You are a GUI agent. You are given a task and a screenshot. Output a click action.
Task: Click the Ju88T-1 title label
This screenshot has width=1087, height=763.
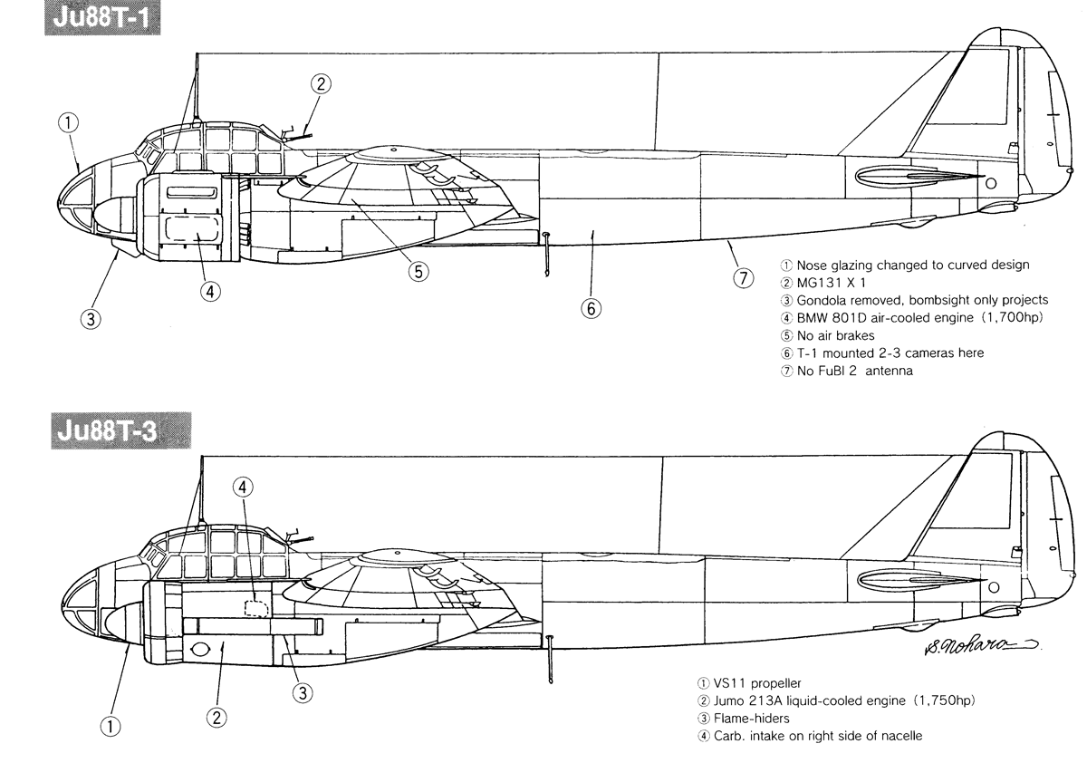pos(102,18)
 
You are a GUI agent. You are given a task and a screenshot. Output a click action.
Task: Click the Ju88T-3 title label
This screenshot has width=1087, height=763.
pos(120,430)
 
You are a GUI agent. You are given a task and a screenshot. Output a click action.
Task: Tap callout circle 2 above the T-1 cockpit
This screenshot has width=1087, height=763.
pos(321,84)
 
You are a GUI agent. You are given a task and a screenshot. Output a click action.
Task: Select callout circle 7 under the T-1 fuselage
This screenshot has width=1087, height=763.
pos(743,278)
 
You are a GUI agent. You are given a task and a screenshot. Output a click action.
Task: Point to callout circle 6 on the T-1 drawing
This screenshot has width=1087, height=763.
pos(591,309)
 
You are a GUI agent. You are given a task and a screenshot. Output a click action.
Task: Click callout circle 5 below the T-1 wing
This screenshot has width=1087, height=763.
pos(418,271)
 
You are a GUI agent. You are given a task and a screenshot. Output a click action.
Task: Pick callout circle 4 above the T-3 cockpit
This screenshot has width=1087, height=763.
pos(243,487)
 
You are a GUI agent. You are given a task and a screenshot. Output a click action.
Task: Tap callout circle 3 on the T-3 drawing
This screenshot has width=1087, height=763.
pos(303,693)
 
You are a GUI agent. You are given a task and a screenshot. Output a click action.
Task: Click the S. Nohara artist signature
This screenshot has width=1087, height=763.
pos(981,645)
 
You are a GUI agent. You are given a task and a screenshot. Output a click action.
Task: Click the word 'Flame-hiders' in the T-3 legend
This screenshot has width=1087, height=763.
pos(752,719)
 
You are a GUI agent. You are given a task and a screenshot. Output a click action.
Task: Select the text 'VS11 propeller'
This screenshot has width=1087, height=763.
pos(757,683)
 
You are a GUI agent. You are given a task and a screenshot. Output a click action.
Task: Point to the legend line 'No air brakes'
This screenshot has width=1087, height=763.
pos(835,336)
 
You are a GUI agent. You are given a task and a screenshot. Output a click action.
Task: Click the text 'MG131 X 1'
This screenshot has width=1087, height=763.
pos(832,283)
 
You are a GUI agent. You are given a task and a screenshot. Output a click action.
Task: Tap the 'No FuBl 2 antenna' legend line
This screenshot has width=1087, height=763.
pos(854,371)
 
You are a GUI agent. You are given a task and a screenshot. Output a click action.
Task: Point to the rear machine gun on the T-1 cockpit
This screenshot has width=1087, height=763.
pos(296,134)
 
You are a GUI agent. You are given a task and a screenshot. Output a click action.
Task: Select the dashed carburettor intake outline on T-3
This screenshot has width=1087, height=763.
pos(255,608)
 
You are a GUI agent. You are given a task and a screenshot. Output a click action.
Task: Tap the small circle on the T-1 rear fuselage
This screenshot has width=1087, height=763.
pos(991,183)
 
